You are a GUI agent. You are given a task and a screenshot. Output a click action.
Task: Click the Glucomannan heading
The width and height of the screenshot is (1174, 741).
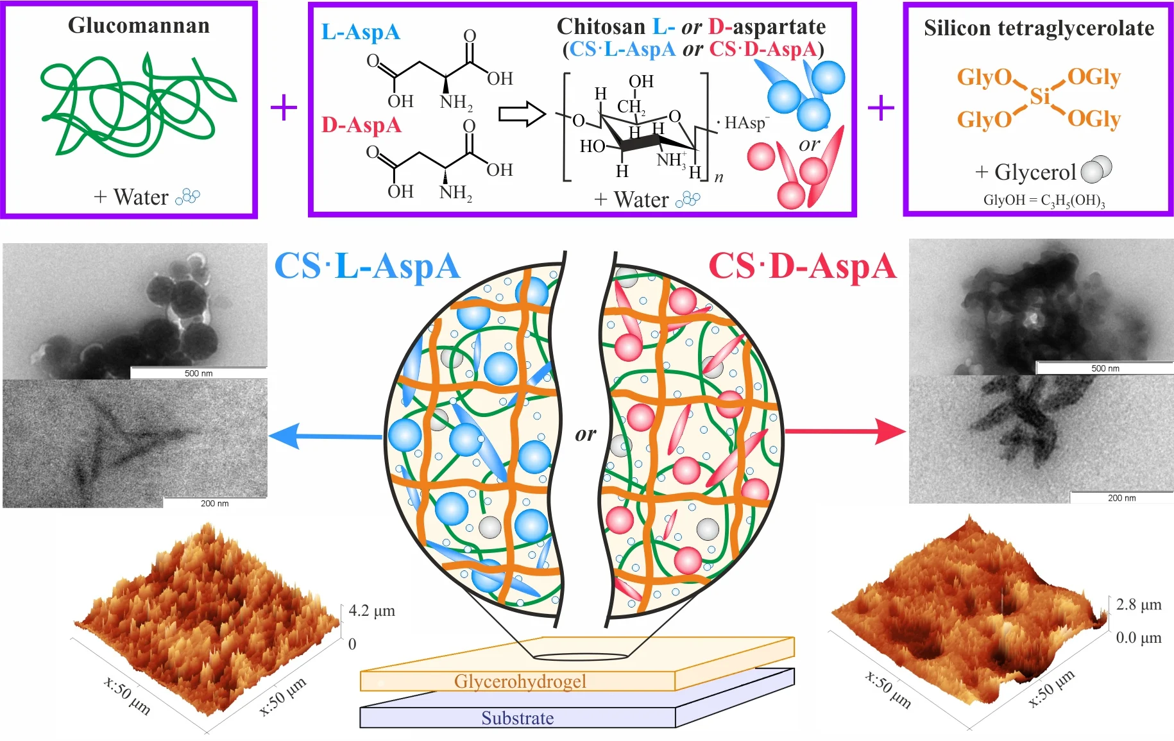[139, 26]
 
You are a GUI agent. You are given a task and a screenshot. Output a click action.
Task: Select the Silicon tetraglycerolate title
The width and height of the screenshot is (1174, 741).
[1039, 28]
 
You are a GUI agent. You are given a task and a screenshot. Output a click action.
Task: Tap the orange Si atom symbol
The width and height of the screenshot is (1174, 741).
[1039, 97]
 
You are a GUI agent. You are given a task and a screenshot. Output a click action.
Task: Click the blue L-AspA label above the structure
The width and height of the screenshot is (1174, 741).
[361, 32]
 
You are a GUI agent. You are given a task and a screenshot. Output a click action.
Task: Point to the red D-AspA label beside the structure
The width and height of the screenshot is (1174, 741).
[361, 125]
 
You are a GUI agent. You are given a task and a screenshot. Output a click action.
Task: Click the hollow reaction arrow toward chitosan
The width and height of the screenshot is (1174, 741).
[522, 114]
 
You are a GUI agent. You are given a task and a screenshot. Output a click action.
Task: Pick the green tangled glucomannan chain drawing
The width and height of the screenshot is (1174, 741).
[138, 106]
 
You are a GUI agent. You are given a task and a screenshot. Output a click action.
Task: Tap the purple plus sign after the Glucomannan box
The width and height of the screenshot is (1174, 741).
[284, 108]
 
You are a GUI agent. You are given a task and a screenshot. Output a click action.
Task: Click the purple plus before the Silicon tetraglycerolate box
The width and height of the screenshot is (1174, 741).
[881, 108]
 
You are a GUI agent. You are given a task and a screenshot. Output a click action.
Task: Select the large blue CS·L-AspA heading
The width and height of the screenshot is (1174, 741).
[367, 266]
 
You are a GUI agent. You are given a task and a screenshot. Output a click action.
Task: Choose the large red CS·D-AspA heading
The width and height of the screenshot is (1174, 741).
[802, 266]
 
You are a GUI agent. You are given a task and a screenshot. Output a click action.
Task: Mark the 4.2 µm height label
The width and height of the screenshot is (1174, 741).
[371, 611]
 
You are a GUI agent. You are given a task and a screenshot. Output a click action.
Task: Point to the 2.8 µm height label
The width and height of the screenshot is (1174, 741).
[1139, 605]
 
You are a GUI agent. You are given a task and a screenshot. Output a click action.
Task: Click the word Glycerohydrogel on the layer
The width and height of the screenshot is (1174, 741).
[520, 681]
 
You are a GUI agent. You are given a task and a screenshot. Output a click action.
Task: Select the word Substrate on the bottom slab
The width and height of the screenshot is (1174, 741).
[517, 718]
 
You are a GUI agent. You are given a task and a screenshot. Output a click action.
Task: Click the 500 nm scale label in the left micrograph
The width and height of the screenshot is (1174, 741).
[198, 373]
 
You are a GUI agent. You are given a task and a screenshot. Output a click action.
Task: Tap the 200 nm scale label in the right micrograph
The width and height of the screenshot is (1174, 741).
[1121, 498]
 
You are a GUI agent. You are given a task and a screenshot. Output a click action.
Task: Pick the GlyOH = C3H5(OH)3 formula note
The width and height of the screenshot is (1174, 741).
[1044, 200]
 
